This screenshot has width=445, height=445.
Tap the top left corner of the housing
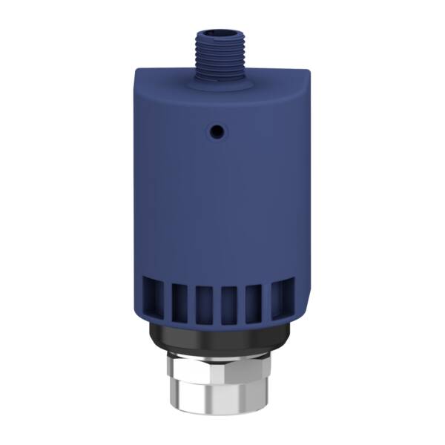[137, 72]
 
